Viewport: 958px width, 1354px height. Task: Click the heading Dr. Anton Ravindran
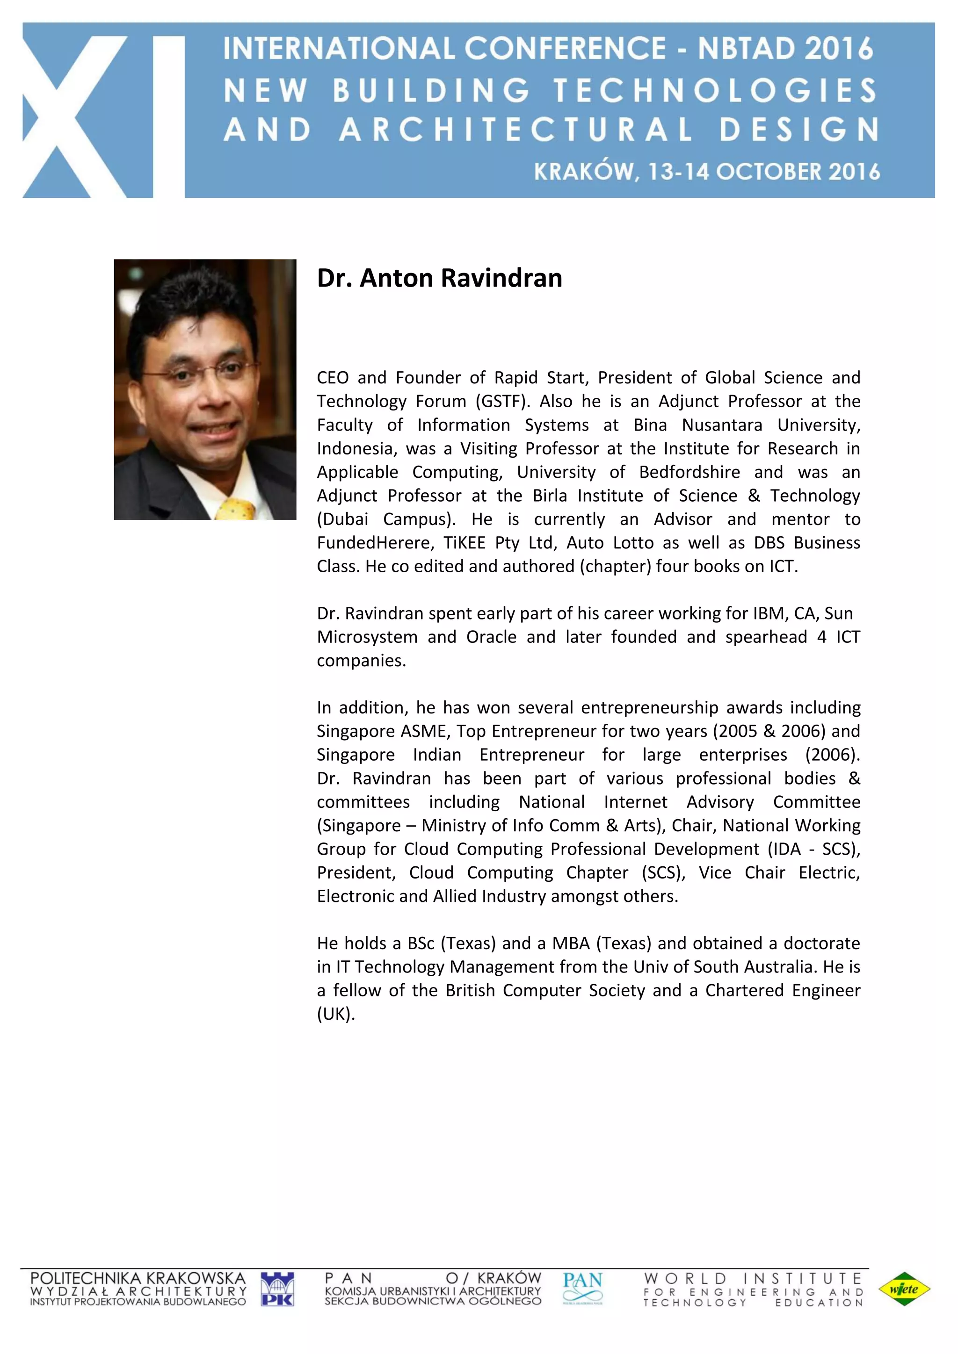(x=440, y=278)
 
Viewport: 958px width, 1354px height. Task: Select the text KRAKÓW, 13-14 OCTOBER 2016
(x=707, y=172)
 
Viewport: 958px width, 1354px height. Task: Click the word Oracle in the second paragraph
(x=491, y=637)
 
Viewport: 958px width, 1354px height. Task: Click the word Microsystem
(x=367, y=637)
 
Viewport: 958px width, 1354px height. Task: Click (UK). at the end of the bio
(x=336, y=1014)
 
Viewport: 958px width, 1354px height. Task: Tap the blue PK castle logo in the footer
(x=277, y=1289)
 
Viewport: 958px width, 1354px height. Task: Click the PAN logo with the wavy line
(x=582, y=1288)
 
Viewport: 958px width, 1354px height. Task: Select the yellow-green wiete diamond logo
(x=904, y=1289)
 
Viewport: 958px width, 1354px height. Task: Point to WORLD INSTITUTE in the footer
(x=753, y=1279)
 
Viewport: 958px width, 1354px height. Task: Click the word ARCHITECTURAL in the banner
(x=516, y=130)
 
